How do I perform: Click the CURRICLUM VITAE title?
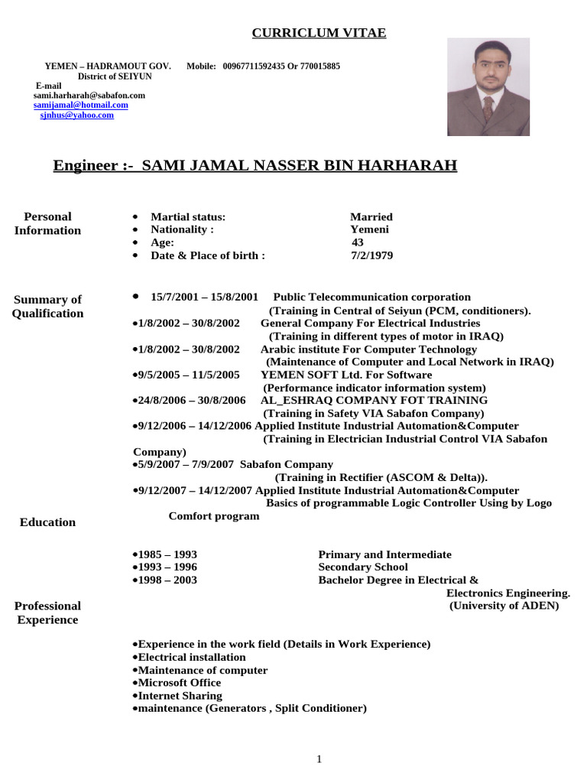pyautogui.click(x=319, y=33)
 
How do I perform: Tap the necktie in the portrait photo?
pyautogui.click(x=488, y=108)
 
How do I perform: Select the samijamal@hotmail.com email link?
pyautogui.click(x=81, y=105)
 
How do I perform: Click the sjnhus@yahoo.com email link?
pyautogui.click(x=77, y=115)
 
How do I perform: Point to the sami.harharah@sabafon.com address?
pyautogui.click(x=89, y=96)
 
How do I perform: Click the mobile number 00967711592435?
pyautogui.click(x=254, y=67)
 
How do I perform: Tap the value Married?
pyautogui.click(x=371, y=217)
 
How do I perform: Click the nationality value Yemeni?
pyautogui.click(x=369, y=229)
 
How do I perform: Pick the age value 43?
pyautogui.click(x=358, y=242)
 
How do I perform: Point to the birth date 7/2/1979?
pyautogui.click(x=371, y=255)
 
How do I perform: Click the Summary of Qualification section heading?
pyautogui.click(x=47, y=307)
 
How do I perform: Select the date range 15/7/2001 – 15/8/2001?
pyautogui.click(x=205, y=297)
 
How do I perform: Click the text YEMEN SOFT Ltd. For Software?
pyautogui.click(x=346, y=375)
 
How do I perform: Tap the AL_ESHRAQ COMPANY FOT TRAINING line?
pyautogui.click(x=368, y=400)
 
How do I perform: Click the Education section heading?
pyautogui.click(x=47, y=522)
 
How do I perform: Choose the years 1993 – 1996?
pyautogui.click(x=167, y=567)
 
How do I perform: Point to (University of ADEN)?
pyautogui.click(x=504, y=606)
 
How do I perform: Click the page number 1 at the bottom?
pyautogui.click(x=319, y=759)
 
